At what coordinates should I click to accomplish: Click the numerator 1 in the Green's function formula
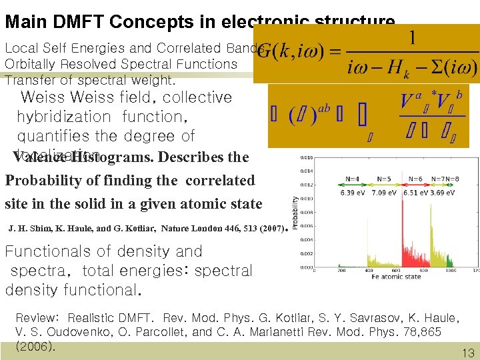click(413, 39)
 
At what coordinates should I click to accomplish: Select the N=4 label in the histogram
click(353, 179)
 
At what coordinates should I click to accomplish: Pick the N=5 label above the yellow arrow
click(384, 179)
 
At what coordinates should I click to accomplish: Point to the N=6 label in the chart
click(415, 179)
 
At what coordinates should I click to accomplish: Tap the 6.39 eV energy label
click(353, 193)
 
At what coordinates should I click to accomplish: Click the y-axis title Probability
click(295, 213)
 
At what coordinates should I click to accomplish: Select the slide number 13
click(467, 353)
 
